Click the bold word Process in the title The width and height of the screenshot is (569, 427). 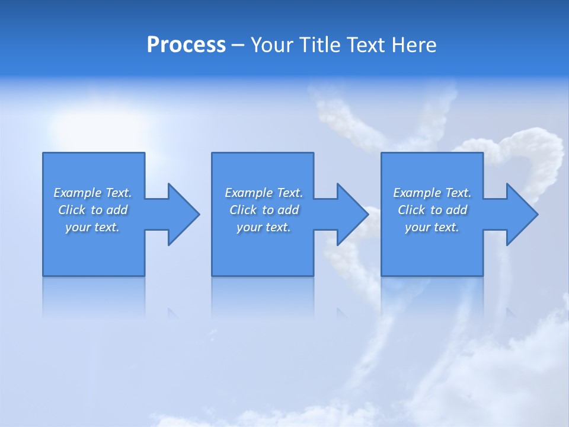click(x=186, y=45)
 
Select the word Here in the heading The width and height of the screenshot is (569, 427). click(x=414, y=45)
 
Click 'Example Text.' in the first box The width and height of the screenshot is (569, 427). click(x=92, y=193)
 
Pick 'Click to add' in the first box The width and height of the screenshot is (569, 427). click(x=92, y=210)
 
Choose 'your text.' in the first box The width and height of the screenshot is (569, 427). click(x=92, y=227)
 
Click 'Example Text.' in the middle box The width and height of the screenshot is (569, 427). click(x=264, y=193)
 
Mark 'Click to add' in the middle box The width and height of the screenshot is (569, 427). click(x=264, y=210)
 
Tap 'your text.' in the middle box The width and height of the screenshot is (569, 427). click(x=264, y=227)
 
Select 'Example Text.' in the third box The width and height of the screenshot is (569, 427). click(x=432, y=193)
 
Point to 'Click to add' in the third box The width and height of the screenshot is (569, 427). click(x=432, y=210)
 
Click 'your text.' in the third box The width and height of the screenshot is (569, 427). click(x=432, y=227)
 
